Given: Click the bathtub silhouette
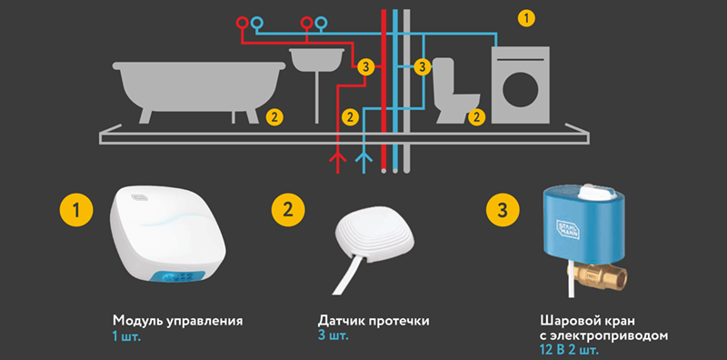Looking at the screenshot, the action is click(198, 85).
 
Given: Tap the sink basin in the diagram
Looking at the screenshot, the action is click(316, 58).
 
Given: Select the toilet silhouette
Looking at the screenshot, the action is click(454, 93).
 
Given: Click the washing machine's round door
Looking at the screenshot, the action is click(520, 89).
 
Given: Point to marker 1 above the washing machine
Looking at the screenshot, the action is click(526, 19).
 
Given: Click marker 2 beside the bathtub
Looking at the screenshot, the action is click(274, 116).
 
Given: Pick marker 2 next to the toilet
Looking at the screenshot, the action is click(476, 116).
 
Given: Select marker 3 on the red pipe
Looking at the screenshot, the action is click(366, 67).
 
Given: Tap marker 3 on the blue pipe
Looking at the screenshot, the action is click(422, 66).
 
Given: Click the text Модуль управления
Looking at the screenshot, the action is click(177, 321).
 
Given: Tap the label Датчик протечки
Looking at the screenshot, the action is click(373, 321).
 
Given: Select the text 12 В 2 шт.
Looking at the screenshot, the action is click(568, 348).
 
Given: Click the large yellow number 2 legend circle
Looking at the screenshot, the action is click(288, 211).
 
